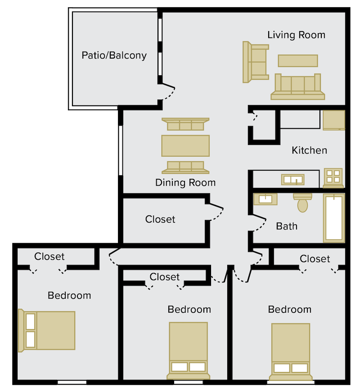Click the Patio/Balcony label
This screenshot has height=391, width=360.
point(114,55)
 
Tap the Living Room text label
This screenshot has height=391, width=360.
point(296,35)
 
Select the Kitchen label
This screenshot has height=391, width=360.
point(309,150)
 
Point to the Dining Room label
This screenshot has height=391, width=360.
point(185,182)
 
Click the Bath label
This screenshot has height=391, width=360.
point(287,226)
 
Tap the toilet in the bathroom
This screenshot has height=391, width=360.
point(302,202)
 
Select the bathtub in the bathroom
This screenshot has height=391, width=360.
point(334,218)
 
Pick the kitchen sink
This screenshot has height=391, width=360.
point(292,180)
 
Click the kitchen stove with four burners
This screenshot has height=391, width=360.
point(333,178)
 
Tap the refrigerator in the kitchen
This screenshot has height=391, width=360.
point(333,120)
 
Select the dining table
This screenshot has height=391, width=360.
point(185,145)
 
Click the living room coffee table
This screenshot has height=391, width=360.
point(298,60)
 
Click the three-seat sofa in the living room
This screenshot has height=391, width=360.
point(297,86)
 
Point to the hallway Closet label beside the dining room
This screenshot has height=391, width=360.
point(160,219)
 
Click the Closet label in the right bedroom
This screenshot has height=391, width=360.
point(315,259)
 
